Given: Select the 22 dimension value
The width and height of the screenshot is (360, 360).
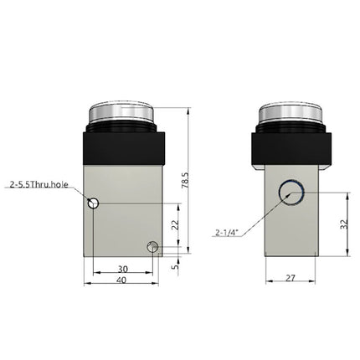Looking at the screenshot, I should click(x=175, y=224).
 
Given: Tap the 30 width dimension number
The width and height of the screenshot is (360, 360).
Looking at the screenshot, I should click(x=123, y=269).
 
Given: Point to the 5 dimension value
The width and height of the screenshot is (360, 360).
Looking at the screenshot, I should click(x=175, y=265).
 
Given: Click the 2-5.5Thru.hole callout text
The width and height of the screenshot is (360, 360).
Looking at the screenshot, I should click(x=39, y=183).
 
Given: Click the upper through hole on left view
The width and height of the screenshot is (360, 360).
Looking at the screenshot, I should click(x=95, y=203).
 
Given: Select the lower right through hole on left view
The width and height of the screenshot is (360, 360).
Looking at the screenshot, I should click(x=152, y=246).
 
